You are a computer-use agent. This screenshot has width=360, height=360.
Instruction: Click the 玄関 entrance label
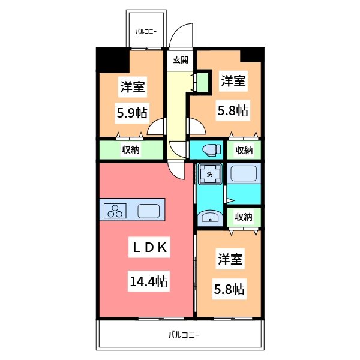[181, 60]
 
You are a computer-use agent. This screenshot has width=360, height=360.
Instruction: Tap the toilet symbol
[211, 150]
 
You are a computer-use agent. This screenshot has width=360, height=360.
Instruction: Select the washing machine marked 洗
[210, 174]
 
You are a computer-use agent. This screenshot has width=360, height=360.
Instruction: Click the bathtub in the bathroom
[244, 173]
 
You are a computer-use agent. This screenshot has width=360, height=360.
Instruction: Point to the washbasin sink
[210, 217]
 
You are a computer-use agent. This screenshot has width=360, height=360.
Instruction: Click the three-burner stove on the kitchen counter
[115, 211]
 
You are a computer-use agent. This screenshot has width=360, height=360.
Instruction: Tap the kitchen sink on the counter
[149, 211]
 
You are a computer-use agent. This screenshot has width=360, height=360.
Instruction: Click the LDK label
[149, 247]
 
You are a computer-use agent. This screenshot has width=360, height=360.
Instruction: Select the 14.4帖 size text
[149, 281]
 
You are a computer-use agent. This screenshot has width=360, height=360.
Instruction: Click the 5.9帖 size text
[132, 113]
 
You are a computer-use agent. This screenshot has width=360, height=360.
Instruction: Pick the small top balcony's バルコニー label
[146, 31]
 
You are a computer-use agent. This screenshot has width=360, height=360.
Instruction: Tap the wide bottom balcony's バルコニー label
[184, 335]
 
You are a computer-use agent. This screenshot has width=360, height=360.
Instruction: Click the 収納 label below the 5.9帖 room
[131, 149]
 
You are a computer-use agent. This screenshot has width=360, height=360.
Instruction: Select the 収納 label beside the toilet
[244, 150]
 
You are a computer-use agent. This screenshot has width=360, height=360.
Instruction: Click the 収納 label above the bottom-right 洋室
[244, 217]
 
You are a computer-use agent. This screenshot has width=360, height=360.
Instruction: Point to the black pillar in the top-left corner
[113, 60]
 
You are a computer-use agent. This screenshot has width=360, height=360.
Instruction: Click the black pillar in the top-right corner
[252, 55]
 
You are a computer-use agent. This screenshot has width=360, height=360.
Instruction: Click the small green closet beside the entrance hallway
[203, 82]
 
